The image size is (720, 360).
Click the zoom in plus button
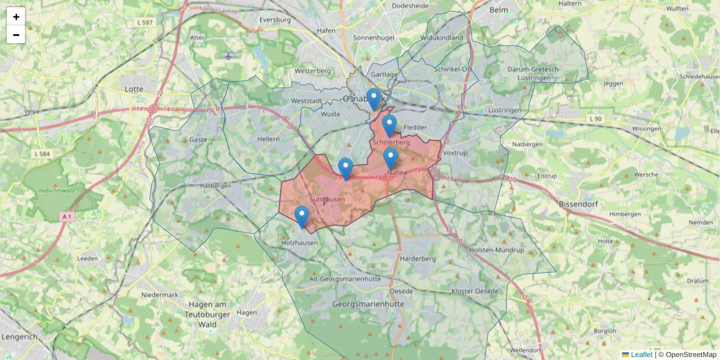(16, 17)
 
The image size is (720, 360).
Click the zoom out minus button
(16, 35)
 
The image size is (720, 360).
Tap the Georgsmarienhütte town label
(368, 304)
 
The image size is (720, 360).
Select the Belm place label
(499, 10)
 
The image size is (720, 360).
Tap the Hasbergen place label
(218, 186)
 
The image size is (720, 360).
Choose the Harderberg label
(417, 259)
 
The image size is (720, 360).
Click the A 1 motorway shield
(67, 216)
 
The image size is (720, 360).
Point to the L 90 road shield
(595, 119)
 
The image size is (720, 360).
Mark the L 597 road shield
(144, 22)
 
